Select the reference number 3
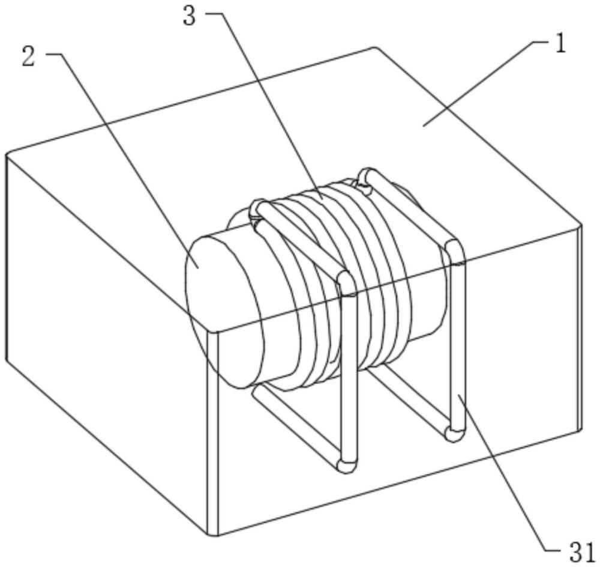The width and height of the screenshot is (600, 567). click(190, 16)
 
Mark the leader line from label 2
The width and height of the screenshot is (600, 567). click(122, 161)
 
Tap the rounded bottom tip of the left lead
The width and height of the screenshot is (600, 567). click(346, 466)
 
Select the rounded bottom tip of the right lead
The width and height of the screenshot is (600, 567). click(455, 435)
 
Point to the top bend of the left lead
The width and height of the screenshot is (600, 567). click(346, 281)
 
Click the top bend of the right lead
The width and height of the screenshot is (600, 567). click(454, 250)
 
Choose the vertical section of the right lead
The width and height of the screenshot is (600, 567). click(457, 343)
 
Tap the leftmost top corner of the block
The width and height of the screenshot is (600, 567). click(7, 154)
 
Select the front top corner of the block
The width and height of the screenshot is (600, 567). click(212, 331)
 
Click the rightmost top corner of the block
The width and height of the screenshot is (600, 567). click(581, 225)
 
